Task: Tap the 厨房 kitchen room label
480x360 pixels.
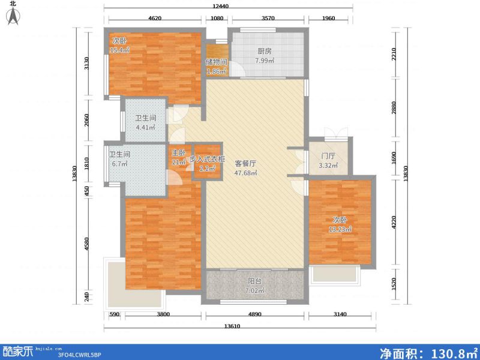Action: click(x=264, y=52)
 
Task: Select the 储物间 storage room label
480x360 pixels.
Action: click(x=217, y=62)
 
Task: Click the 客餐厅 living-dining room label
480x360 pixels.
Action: click(x=245, y=163)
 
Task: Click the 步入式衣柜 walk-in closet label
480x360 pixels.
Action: click(x=207, y=160)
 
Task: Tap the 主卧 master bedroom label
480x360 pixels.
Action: click(x=178, y=153)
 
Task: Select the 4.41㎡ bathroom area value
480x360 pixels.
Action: click(x=145, y=127)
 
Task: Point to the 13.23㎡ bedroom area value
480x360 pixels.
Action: click(x=340, y=229)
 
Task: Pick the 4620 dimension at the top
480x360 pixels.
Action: click(x=155, y=19)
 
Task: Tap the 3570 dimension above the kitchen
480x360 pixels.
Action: click(x=268, y=19)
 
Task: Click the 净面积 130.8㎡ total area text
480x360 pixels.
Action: click(x=428, y=352)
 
